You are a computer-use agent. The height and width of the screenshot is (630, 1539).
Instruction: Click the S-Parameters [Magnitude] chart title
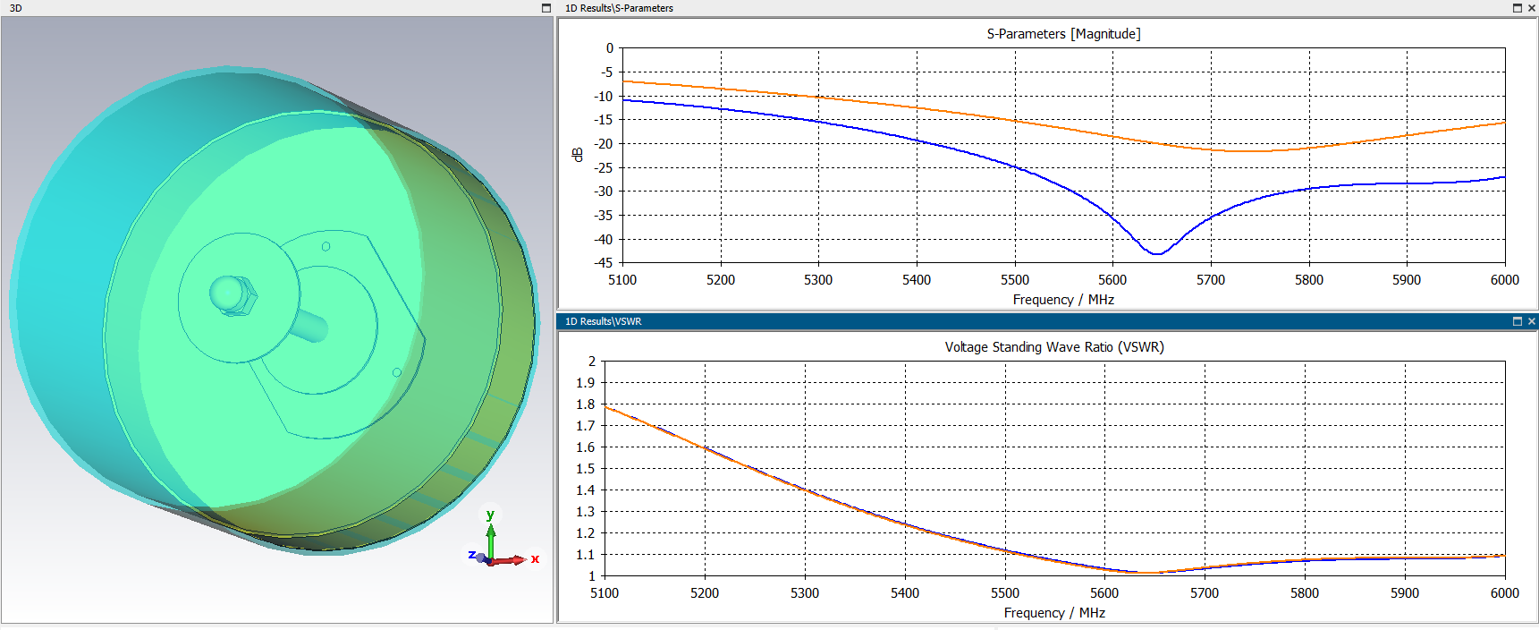(1063, 34)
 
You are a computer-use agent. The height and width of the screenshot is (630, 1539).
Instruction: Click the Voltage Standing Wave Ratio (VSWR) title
(1054, 347)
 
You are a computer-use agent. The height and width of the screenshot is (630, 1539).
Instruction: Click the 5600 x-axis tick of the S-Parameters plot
(1112, 280)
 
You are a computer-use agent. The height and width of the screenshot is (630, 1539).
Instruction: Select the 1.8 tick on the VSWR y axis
(586, 404)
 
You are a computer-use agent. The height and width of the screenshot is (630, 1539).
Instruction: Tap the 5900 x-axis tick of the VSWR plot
(1404, 593)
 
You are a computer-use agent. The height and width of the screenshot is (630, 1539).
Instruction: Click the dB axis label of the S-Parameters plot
(578, 154)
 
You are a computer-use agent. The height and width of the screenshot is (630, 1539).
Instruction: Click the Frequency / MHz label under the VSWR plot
(1054, 613)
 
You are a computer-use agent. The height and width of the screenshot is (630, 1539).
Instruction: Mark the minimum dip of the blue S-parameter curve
(1156, 254)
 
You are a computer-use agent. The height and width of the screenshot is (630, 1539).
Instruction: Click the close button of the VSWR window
(1531, 321)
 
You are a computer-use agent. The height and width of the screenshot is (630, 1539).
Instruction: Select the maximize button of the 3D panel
(546, 8)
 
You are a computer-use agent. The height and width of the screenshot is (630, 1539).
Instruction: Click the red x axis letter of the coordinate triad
(535, 559)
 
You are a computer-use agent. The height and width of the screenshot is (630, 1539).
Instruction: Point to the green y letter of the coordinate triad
(490, 515)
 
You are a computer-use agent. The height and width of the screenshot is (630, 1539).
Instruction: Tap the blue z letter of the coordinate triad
(471, 555)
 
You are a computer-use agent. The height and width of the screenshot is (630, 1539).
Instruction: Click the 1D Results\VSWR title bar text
(603, 321)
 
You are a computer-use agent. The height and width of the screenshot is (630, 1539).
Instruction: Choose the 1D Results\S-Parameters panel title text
(619, 8)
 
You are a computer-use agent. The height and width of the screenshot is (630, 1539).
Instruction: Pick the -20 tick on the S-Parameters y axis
(604, 144)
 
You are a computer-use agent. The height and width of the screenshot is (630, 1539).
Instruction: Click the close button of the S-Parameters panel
(1531, 8)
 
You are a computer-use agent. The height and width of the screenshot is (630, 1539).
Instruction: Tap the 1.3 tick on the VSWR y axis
(586, 512)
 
